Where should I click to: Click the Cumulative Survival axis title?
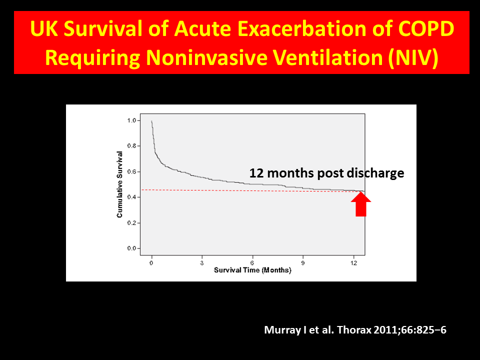pyautogui.click(x=120, y=184)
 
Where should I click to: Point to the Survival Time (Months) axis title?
pyautogui.click(x=252, y=270)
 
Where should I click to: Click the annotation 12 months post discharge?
pyautogui.click(x=326, y=173)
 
